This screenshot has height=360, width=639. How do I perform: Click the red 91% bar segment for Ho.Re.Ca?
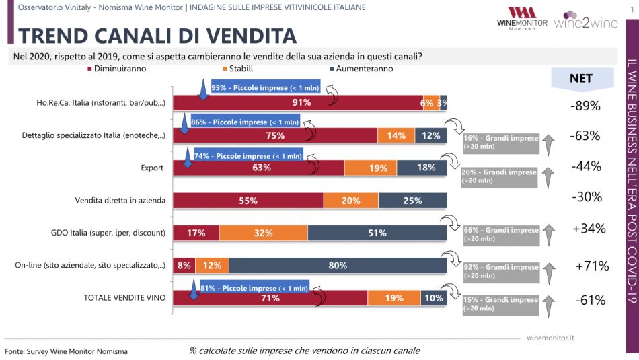pos(307,103)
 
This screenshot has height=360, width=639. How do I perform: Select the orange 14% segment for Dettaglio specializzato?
pos(396,135)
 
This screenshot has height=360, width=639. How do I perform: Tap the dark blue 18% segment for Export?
pos(426,168)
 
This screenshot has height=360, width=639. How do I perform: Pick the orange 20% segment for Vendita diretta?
pos(350,201)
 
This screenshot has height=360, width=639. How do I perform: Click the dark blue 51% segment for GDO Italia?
pos(377,233)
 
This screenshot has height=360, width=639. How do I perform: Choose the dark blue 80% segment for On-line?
pos(338,266)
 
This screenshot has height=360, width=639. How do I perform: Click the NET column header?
pos(580,78)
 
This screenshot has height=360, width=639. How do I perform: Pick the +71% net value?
pos(592,266)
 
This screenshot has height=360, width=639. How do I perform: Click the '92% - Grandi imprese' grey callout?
pos(500,272)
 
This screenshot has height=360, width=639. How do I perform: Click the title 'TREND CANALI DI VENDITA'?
pos(157,35)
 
